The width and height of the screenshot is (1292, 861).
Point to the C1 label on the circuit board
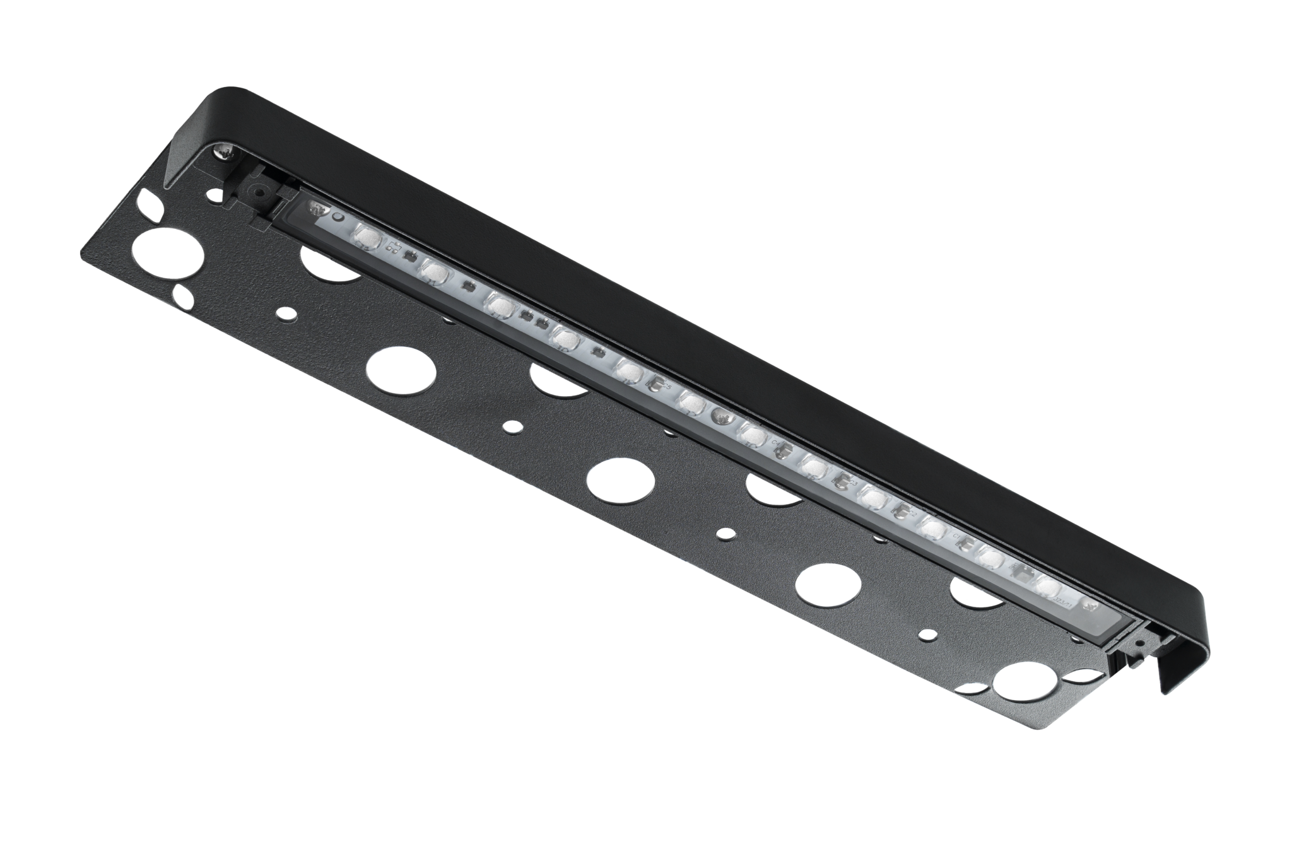point(958,537)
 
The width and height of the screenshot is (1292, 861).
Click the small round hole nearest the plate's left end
point(289,313)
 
